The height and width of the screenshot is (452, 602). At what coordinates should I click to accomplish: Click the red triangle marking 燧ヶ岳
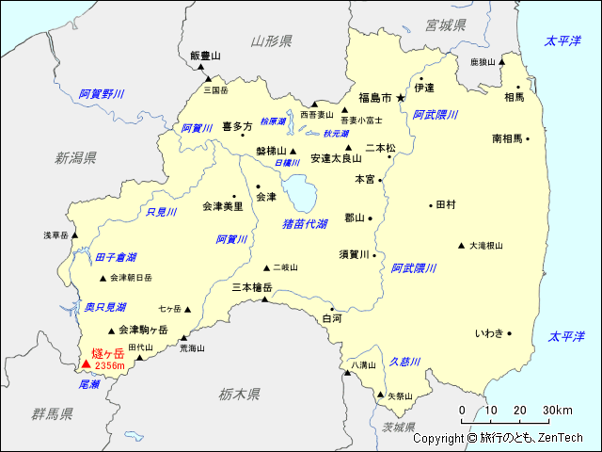pyautogui.click(x=86, y=364)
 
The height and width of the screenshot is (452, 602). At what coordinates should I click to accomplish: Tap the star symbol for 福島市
pyautogui.click(x=400, y=97)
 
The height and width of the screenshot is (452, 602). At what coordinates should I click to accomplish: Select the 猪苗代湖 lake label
pyautogui.click(x=305, y=224)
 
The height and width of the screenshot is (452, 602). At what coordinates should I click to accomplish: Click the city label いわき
pyautogui.click(x=489, y=333)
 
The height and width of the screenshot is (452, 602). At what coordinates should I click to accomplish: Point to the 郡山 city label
pyautogui.click(x=354, y=218)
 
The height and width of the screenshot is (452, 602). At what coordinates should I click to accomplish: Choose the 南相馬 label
pyautogui.click(x=507, y=138)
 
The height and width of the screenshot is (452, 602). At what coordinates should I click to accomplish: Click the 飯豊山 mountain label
pyautogui.click(x=204, y=56)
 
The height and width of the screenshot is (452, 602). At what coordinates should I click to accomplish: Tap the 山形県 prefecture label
pyautogui.click(x=272, y=40)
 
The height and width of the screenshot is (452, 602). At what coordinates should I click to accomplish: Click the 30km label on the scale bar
pyautogui.click(x=557, y=410)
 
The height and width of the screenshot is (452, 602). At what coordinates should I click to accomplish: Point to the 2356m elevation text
pyautogui.click(x=110, y=365)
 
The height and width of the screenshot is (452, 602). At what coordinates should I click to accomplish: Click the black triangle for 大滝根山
pyautogui.click(x=461, y=246)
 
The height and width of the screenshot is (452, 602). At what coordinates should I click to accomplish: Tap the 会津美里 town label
pyautogui.click(x=222, y=205)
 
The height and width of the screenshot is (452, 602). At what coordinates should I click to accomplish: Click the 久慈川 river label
pyautogui.click(x=404, y=362)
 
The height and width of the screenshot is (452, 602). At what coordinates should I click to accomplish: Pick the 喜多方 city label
pyautogui.click(x=237, y=126)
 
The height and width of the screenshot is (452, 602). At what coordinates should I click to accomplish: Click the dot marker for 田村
pyautogui.click(x=430, y=204)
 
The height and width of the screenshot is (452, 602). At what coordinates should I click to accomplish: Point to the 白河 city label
pyautogui.click(x=332, y=319)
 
